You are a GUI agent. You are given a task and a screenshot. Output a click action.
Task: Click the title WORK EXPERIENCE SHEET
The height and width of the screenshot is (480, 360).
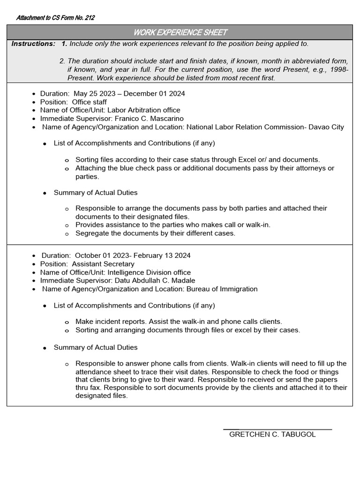coord(180,32)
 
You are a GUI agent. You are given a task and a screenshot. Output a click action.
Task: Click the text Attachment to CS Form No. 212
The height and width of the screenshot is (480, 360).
coord(55,18)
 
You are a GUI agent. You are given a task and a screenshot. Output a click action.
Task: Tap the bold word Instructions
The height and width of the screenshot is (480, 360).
coord(33,44)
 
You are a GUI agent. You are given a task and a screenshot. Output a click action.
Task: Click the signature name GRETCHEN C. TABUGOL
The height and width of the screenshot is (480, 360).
coord(272,435)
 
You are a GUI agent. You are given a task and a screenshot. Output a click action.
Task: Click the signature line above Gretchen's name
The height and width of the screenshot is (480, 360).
coord(277,429)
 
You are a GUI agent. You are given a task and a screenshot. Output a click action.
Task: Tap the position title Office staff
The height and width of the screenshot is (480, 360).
coord(90,102)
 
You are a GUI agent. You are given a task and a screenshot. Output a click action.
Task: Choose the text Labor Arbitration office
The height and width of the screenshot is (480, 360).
coord(144,110)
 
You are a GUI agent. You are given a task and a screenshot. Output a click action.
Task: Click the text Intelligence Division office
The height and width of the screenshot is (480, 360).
coord(149,272)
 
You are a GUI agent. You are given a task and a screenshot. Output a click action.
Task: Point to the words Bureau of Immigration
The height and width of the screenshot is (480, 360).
coord(222,289)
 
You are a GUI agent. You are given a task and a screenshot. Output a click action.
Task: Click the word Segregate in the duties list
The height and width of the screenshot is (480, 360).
coord(91,233)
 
